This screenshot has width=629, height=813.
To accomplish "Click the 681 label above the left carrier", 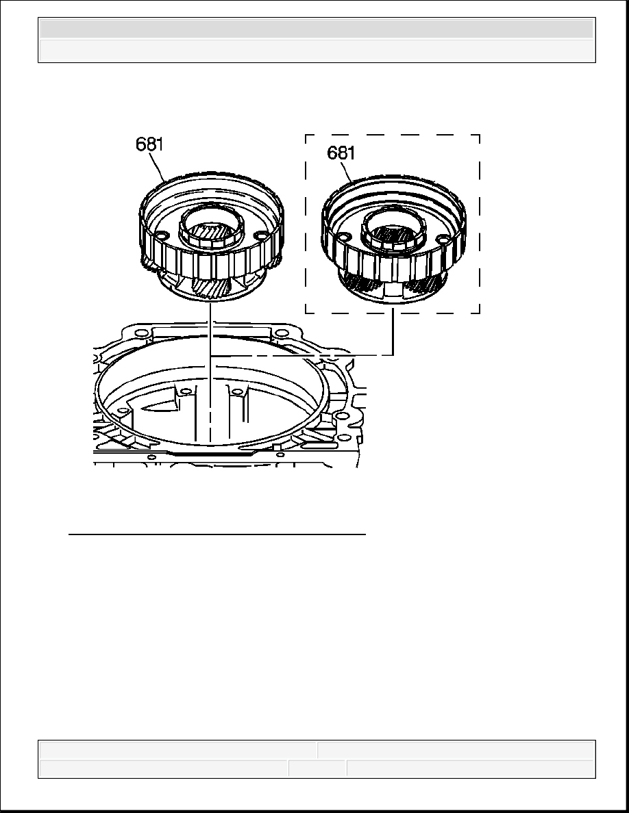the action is point(149,144).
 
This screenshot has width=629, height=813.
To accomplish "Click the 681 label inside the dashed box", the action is point(341,153).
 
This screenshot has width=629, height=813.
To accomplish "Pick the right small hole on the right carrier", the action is point(442,240).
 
